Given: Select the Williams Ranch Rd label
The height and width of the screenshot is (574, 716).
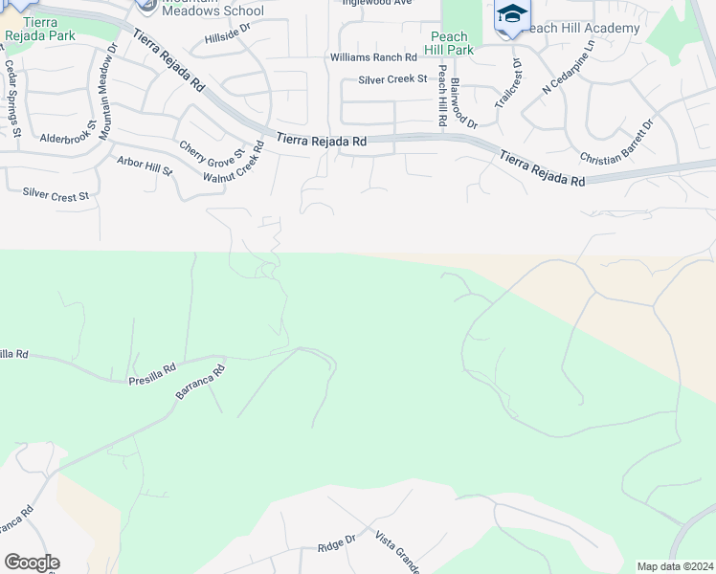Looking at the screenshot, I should pos(373,58).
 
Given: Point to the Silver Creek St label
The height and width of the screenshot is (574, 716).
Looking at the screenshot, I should pos(392,79).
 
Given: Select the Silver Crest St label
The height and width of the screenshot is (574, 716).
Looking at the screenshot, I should pos(55,194).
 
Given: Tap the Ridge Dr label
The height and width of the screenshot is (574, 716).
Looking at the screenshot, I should pos(336,545).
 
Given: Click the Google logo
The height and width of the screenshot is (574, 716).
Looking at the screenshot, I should pos(32,563).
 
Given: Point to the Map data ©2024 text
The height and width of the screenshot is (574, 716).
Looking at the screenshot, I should pos(675,566).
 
